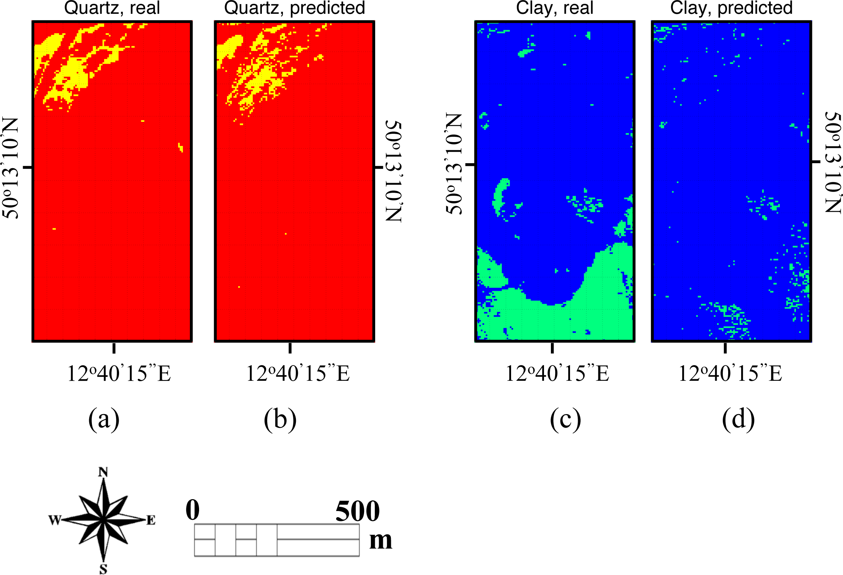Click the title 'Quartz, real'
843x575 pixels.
click(x=112, y=8)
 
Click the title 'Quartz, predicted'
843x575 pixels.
click(x=294, y=8)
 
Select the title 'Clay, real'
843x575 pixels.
click(x=554, y=8)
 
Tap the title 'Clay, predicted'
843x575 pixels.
click(x=731, y=8)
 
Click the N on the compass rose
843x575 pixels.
click(x=103, y=472)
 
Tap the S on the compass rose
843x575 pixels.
click(x=103, y=569)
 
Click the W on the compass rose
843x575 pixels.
click(x=54, y=520)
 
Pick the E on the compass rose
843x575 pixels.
click(x=151, y=520)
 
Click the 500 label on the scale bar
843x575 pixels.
click(x=357, y=511)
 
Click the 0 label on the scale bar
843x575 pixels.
click(x=193, y=510)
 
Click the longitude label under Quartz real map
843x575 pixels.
click(x=119, y=374)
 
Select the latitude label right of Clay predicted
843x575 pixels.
click(x=833, y=162)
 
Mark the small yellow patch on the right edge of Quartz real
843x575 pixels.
click(x=181, y=147)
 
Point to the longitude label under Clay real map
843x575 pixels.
click(x=557, y=374)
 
